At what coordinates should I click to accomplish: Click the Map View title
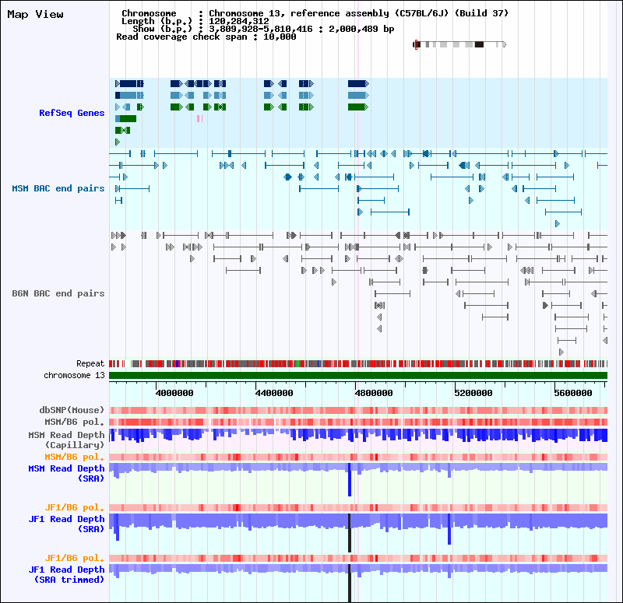pos(36,14)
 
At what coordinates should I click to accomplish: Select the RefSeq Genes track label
pos(72,113)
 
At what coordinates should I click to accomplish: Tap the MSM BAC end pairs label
pos(58,188)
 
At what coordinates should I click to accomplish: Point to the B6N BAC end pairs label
pos(58,293)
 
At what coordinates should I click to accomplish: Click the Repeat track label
pos(90,363)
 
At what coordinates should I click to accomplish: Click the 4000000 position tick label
pos(174,393)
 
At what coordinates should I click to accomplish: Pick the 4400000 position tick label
pos(274,393)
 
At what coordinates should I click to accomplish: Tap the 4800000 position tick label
pos(374,393)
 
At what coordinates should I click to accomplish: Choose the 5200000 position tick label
pos(473,393)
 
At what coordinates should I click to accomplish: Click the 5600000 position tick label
pos(573,393)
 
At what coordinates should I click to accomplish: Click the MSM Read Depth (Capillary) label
pos(66,440)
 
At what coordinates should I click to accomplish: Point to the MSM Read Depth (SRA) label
pos(66,473)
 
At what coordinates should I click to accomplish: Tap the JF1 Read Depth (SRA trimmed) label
pos(66,574)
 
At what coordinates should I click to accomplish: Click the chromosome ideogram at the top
pos(459,44)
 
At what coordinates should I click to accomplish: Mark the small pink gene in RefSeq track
pos(199,118)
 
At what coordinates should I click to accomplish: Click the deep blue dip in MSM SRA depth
pos(350,482)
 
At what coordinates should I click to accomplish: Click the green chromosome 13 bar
pos(358,376)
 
